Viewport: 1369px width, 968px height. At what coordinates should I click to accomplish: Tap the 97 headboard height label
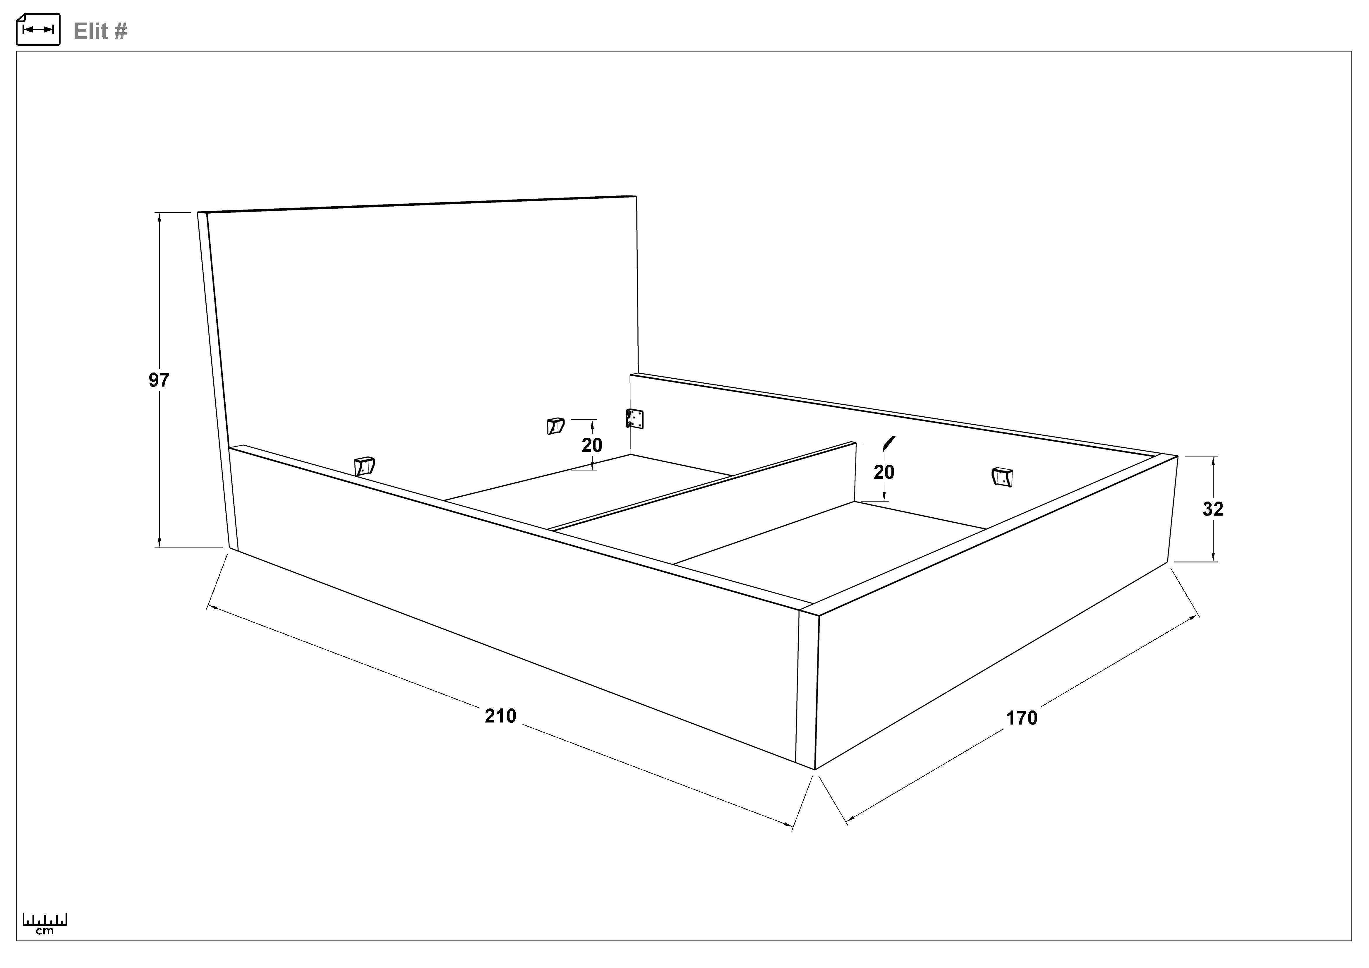pyautogui.click(x=159, y=380)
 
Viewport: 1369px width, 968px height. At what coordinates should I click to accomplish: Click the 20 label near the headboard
pyautogui.click(x=592, y=445)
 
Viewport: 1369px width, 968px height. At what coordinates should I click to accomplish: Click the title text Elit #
pyautogui.click(x=100, y=31)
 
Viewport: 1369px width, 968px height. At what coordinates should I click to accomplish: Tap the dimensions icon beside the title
pyautogui.click(x=38, y=29)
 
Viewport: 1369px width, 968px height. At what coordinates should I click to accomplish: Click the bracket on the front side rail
pyautogui.click(x=364, y=466)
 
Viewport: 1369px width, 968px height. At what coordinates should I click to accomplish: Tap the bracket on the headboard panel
pyautogui.click(x=555, y=425)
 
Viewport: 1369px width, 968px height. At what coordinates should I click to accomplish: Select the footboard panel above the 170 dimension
pyautogui.click(x=993, y=614)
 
